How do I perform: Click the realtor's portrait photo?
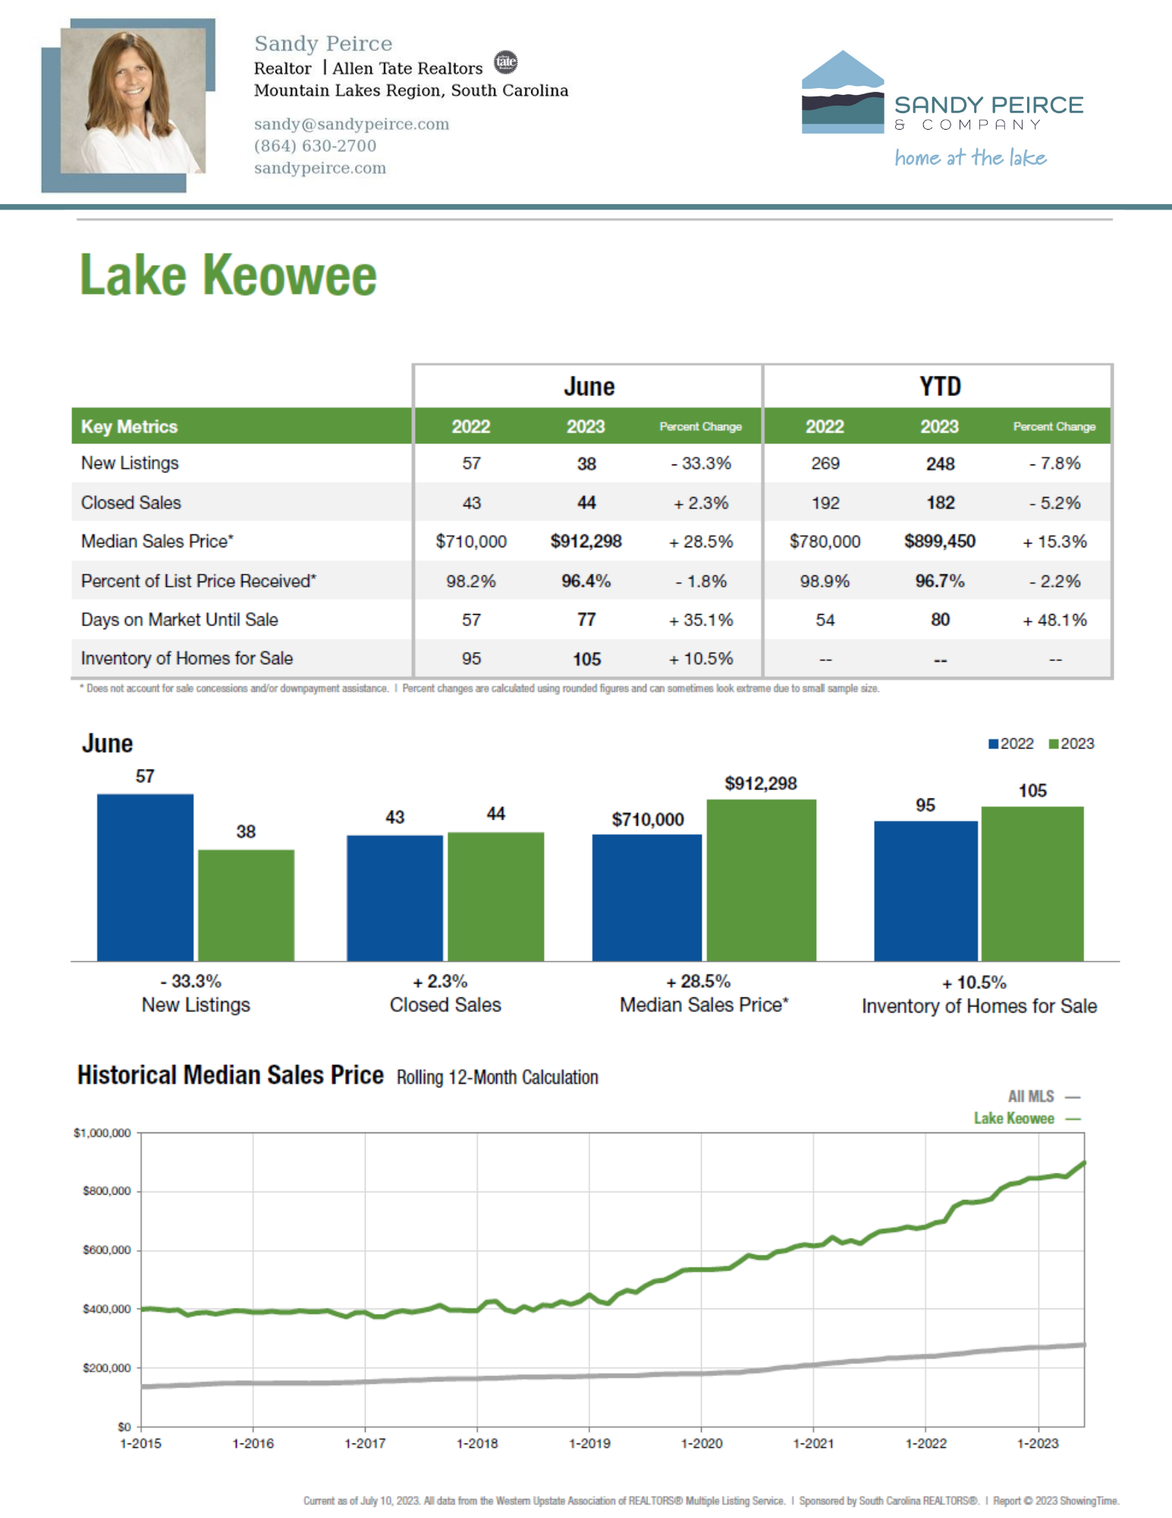(x=133, y=101)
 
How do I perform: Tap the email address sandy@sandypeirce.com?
(x=351, y=124)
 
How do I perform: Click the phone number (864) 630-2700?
(x=315, y=146)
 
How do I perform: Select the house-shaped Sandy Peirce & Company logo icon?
(x=842, y=93)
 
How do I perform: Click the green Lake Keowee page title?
(x=228, y=275)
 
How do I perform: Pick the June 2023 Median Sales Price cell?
(x=586, y=541)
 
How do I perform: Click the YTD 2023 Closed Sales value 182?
(x=940, y=502)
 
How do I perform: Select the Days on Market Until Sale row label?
(x=180, y=619)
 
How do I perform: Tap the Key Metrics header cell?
(x=129, y=427)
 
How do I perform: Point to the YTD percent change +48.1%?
(x=1054, y=619)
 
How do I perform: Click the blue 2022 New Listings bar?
(x=145, y=877)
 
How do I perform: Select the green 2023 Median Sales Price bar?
(x=761, y=880)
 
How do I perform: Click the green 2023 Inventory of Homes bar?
(x=1032, y=883)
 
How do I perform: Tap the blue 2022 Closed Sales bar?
(x=394, y=898)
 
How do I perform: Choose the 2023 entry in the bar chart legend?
(x=1071, y=744)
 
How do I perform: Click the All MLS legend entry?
(x=1042, y=1096)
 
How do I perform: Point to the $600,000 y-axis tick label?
(x=106, y=1250)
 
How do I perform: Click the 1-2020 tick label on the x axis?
(x=701, y=1443)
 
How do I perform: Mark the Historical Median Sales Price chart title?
(x=231, y=1076)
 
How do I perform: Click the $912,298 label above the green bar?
(x=760, y=783)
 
